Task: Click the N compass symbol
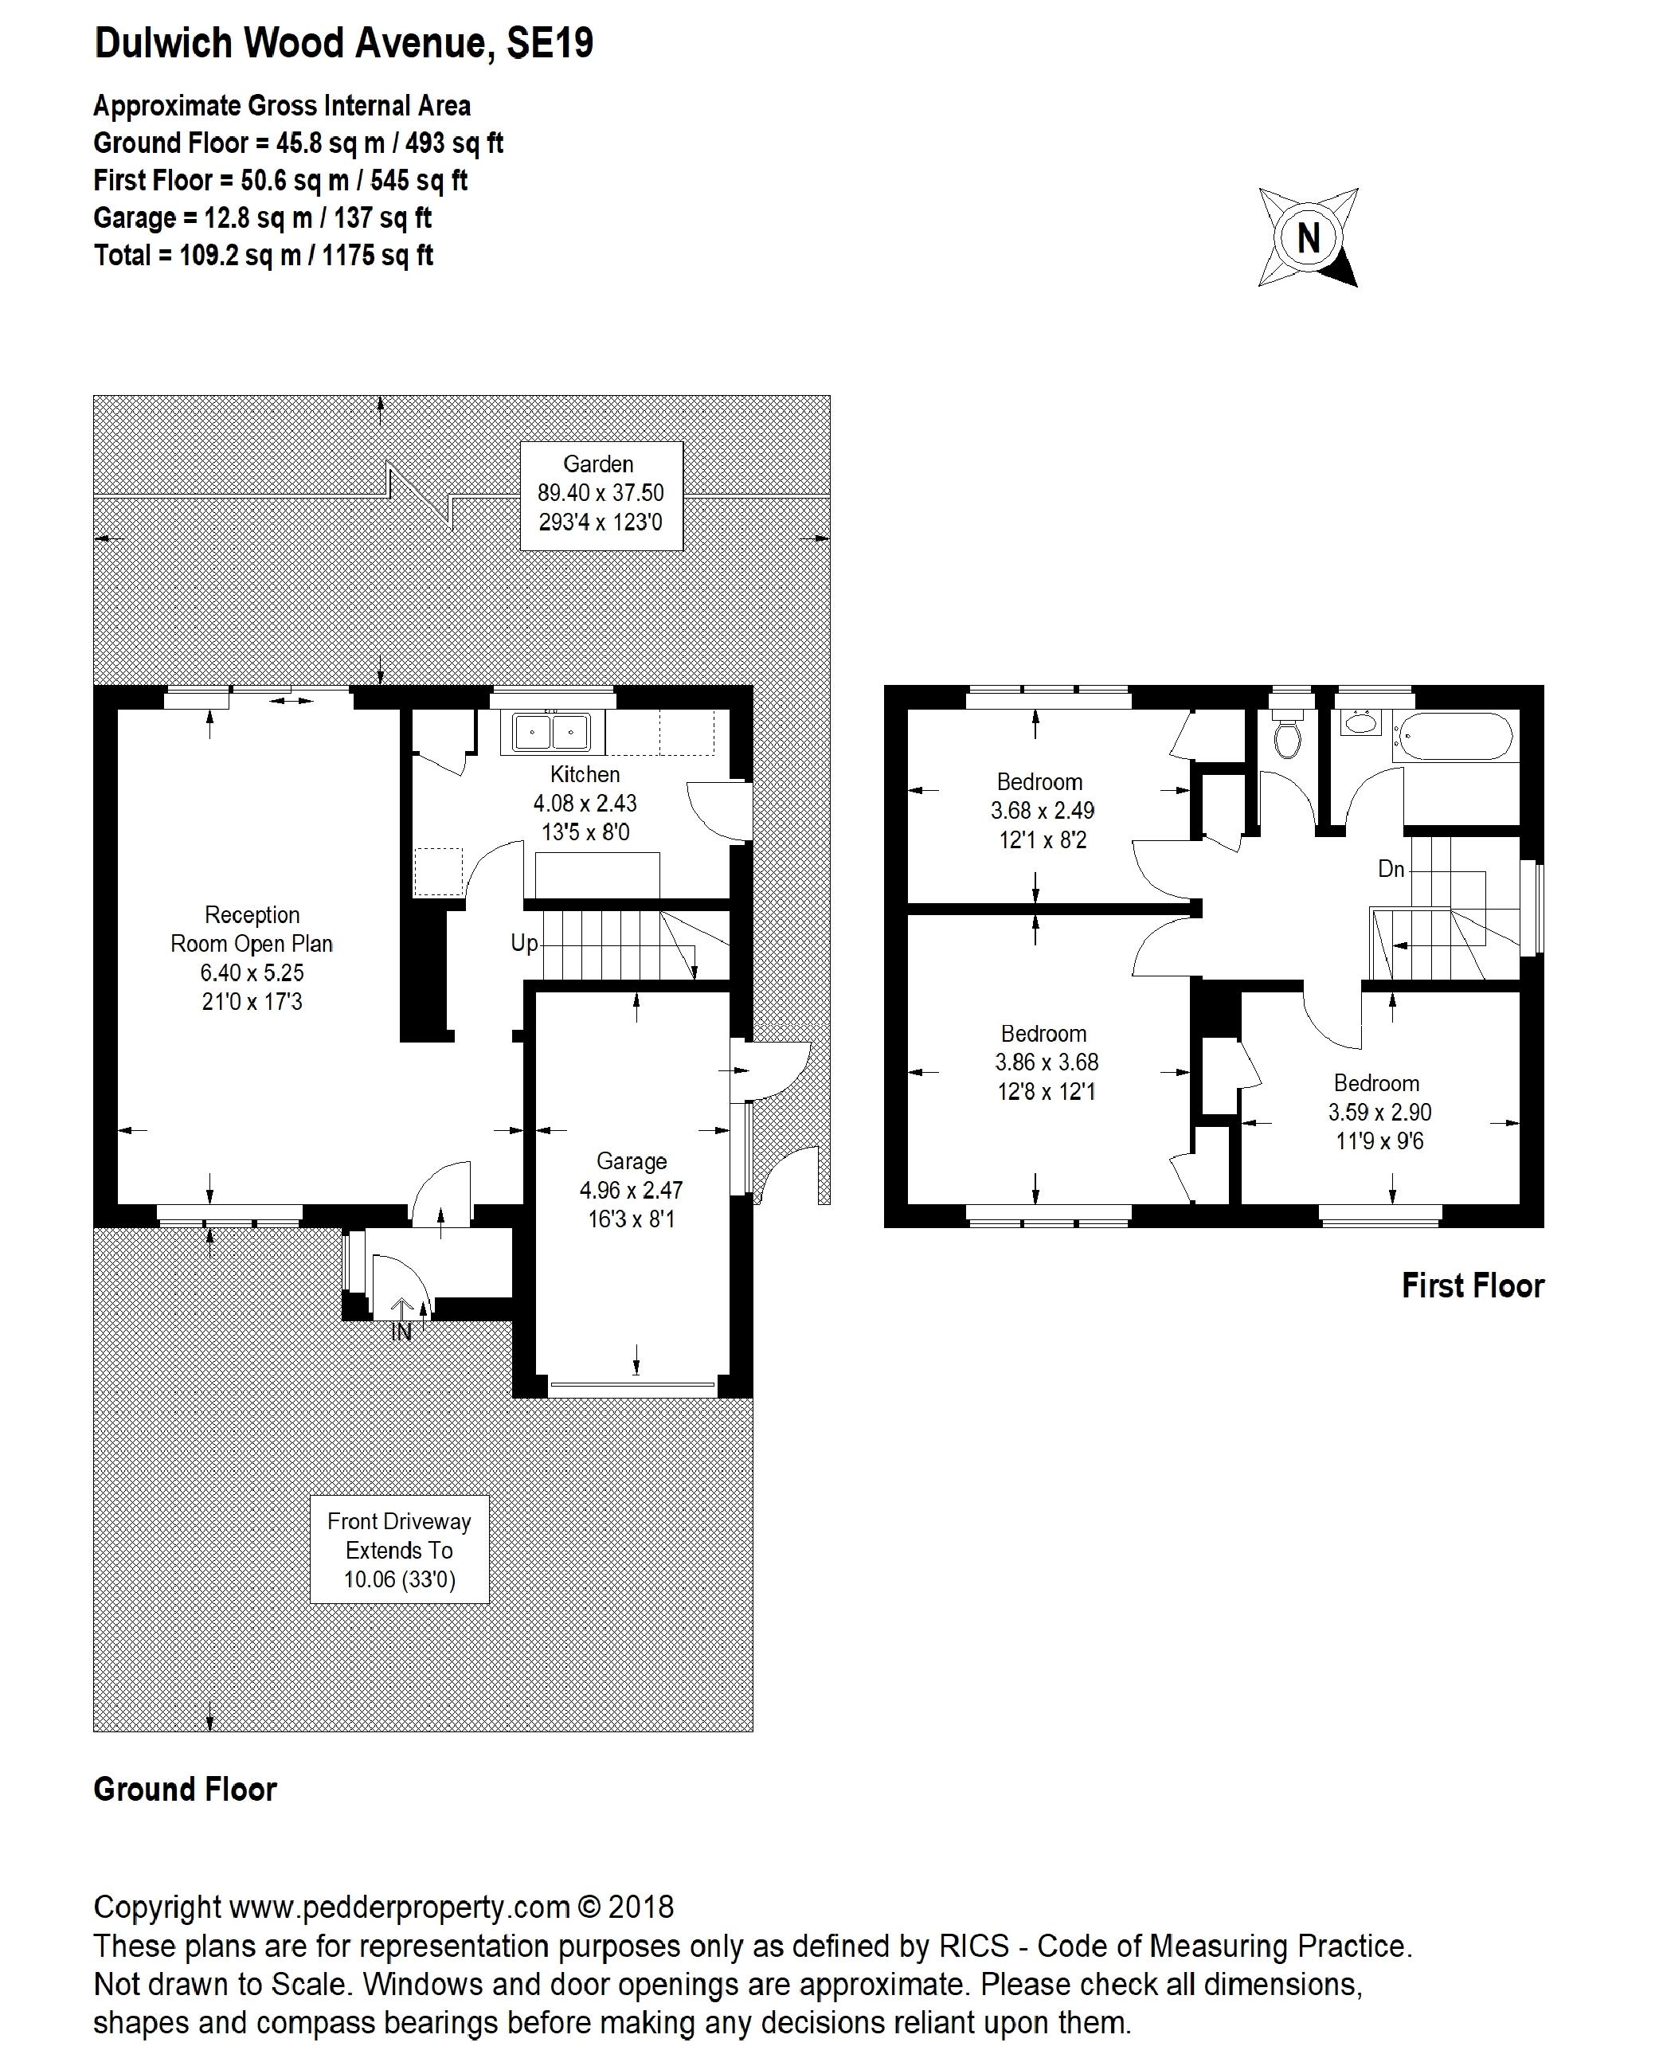1307,237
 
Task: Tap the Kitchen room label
585,774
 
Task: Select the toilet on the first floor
1288,737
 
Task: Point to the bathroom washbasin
1361,722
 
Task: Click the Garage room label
631,1161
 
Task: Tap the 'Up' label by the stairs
524,943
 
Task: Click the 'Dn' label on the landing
1391,868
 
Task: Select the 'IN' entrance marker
401,1331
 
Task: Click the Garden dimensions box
601,494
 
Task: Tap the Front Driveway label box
400,1550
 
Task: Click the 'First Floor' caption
1472,1286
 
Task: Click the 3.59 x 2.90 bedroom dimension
1379,1112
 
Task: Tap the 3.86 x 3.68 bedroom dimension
1047,1062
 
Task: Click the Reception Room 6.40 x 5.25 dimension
252,972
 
